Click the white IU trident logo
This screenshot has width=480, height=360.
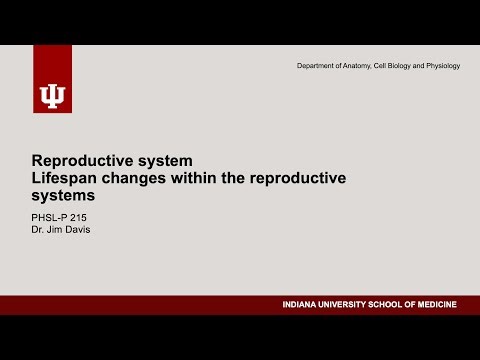(x=52, y=94)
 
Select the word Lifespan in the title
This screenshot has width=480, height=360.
(x=63, y=178)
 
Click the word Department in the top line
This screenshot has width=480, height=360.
(x=318, y=66)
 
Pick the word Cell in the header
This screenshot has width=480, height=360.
(x=387, y=66)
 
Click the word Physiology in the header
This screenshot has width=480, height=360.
(x=443, y=66)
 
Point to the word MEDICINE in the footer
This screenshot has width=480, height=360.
(x=442, y=305)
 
